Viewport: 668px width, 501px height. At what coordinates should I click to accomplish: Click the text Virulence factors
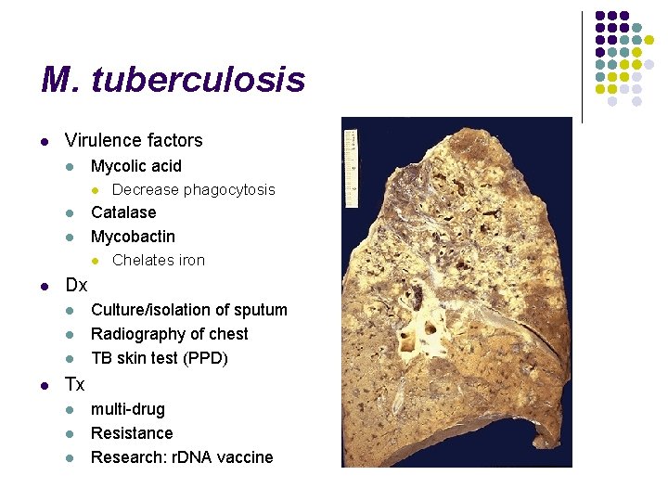[134, 141]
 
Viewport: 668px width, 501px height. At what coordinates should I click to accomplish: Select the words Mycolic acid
[136, 166]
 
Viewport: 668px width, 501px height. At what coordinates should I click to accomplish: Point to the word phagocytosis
[229, 190]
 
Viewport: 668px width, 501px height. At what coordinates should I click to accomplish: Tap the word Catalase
[123, 212]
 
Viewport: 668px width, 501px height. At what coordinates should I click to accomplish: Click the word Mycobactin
[133, 237]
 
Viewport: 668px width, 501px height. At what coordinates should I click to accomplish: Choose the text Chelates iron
[159, 261]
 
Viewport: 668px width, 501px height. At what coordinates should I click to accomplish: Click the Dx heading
[76, 285]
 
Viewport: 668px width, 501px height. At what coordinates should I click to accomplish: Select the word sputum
[259, 310]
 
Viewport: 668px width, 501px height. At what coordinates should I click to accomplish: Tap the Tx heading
[75, 384]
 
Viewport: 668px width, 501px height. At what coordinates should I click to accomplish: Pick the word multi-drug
[128, 409]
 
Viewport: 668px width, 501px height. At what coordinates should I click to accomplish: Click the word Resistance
[132, 433]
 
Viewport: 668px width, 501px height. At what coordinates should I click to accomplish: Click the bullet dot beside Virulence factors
[43, 142]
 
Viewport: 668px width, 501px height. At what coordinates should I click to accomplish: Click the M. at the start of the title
[60, 81]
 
